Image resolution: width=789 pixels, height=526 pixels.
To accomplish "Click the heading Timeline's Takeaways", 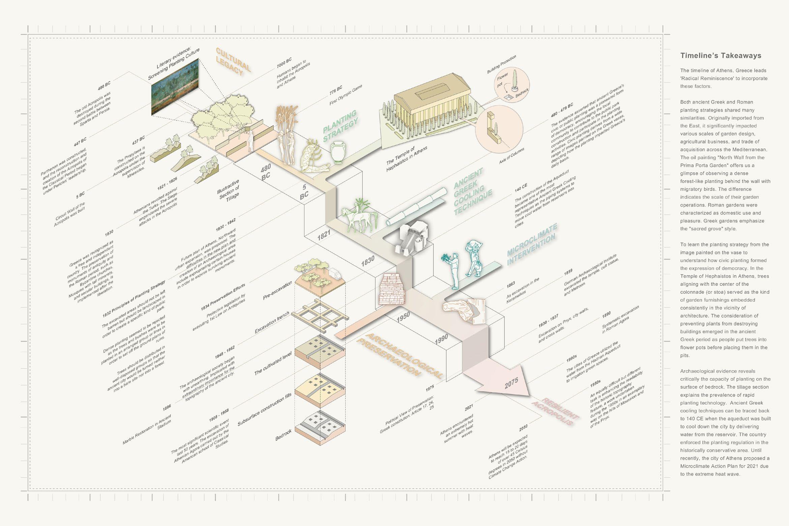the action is pyautogui.click(x=721, y=56).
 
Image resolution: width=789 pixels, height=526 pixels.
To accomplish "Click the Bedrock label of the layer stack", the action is pyautogui.click(x=283, y=435).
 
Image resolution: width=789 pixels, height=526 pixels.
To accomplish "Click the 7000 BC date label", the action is pyautogui.click(x=284, y=62).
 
